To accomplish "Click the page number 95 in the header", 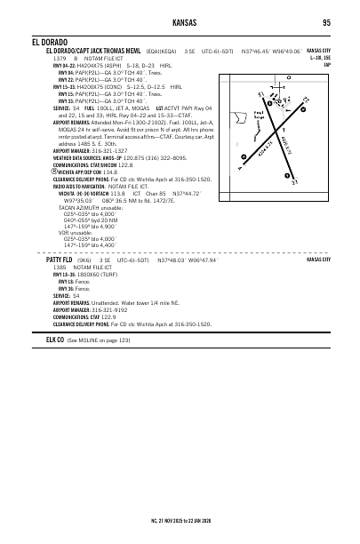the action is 326,22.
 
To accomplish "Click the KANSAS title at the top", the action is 180,22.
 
